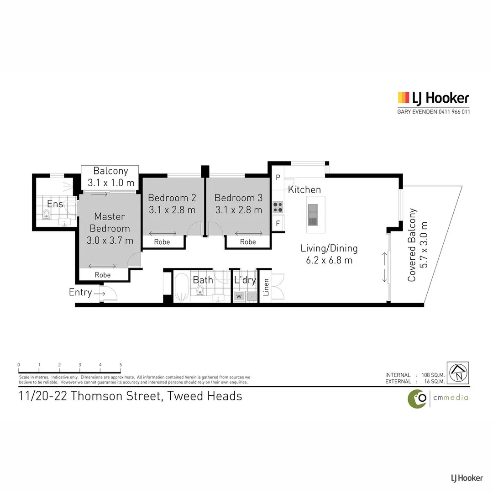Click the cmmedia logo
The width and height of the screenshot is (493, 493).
click(438, 398)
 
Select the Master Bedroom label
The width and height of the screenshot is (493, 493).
click(110, 222)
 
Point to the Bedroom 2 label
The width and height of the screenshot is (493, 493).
click(172, 198)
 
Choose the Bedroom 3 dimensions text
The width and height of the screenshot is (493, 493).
click(238, 210)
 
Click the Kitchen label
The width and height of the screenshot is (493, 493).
click(304, 189)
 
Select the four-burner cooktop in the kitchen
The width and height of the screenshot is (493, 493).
click(278, 207)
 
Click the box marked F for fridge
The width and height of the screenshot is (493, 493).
click(278, 224)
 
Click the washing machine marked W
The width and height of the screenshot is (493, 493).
click(239, 297)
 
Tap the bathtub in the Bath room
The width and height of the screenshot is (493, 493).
click(181, 288)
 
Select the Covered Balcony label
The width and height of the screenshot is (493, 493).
click(412, 245)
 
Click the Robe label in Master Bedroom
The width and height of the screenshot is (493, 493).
click(103, 275)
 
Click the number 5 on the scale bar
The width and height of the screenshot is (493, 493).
click(121, 365)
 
